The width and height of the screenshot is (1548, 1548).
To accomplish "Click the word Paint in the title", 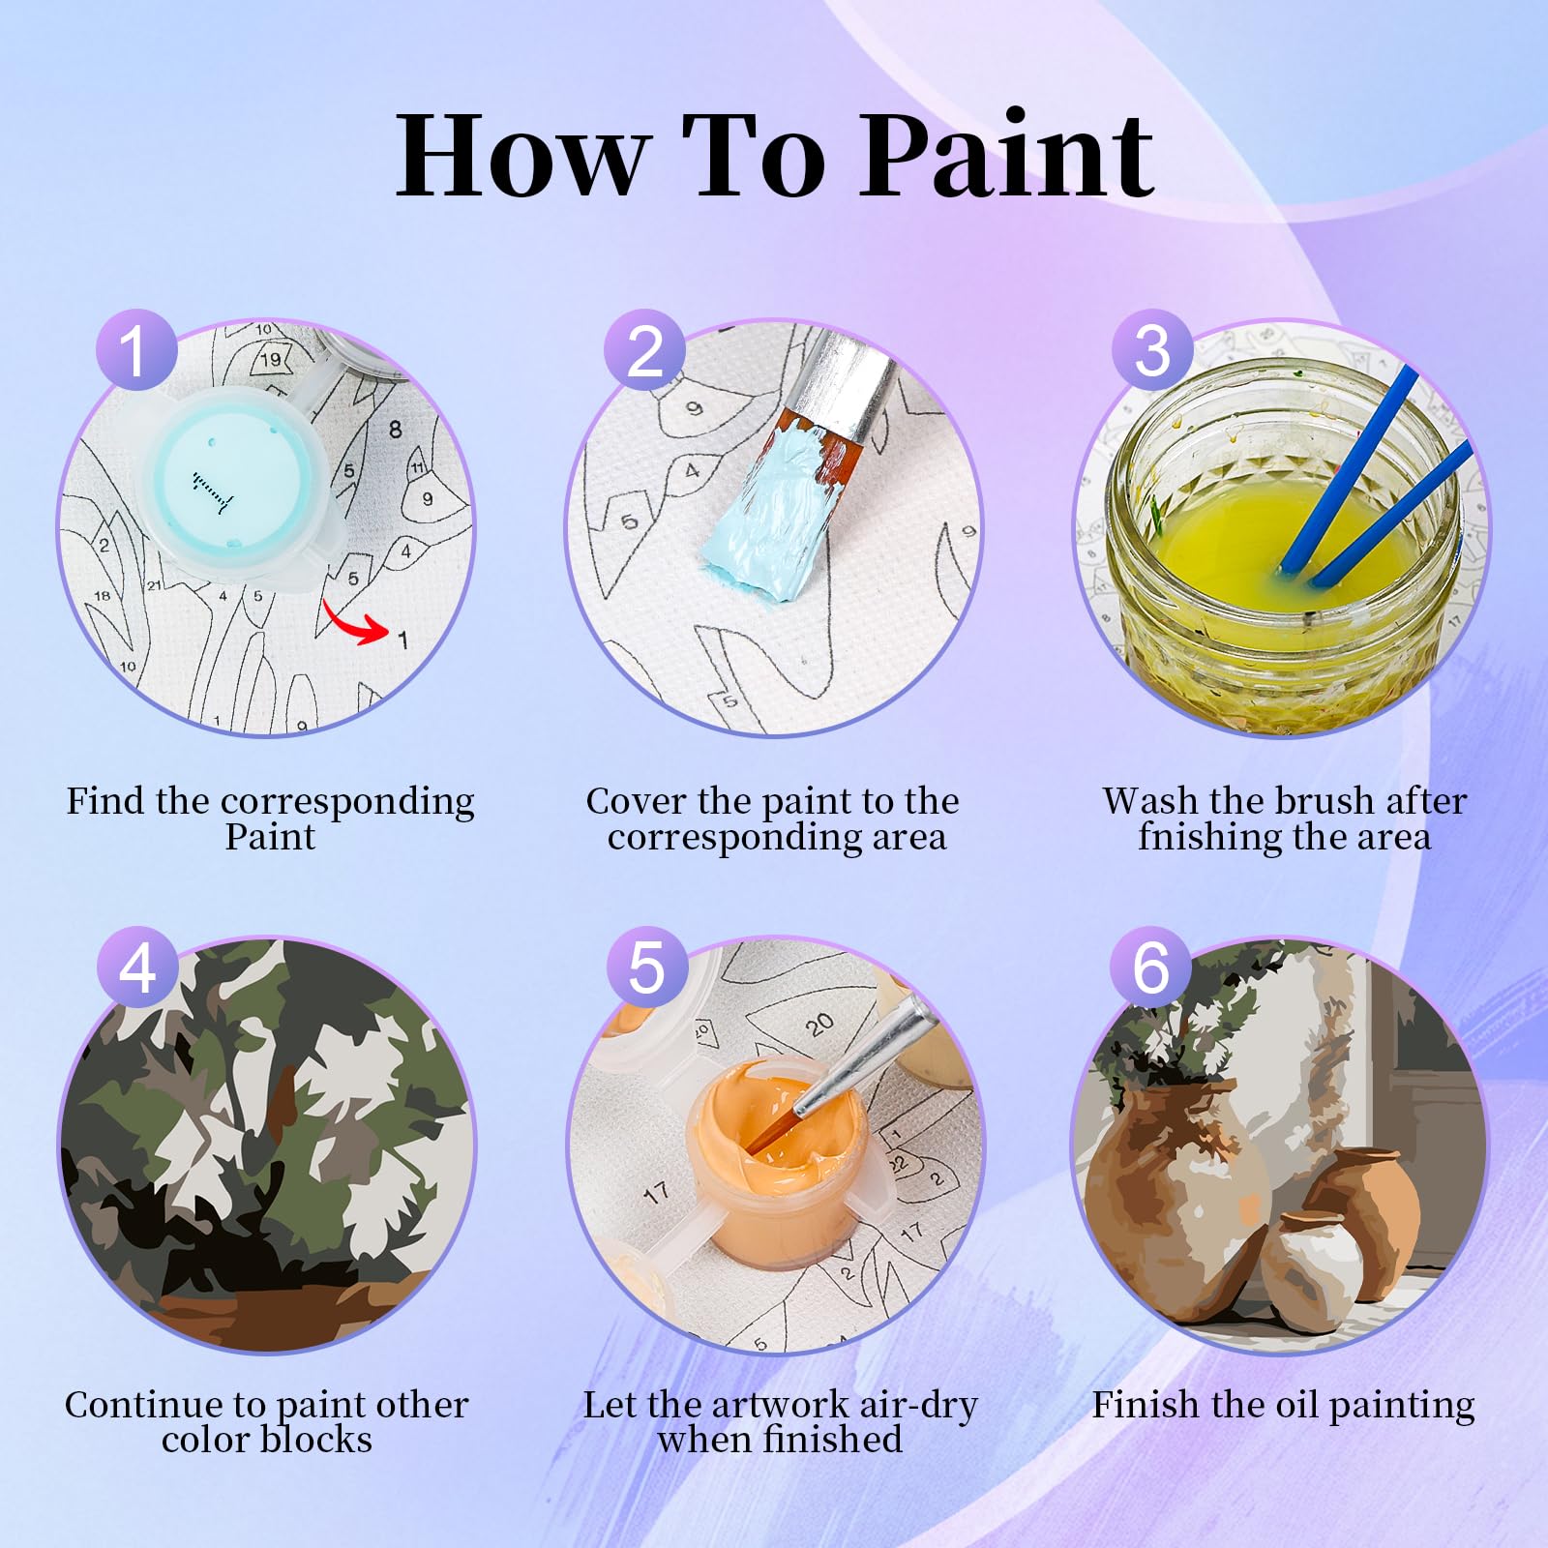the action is tap(1007, 155).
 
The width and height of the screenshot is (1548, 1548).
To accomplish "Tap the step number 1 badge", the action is tap(136, 349).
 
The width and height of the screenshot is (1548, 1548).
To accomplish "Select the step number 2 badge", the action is tap(645, 349).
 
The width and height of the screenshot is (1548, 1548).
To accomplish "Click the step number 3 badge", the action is tap(1152, 349).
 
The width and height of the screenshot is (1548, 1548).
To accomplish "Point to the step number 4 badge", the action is tap(136, 967).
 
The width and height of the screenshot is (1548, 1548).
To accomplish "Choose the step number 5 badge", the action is tap(645, 967).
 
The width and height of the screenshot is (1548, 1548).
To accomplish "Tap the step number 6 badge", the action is tap(1152, 967).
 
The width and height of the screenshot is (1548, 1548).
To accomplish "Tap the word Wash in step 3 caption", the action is tap(1151, 801).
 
